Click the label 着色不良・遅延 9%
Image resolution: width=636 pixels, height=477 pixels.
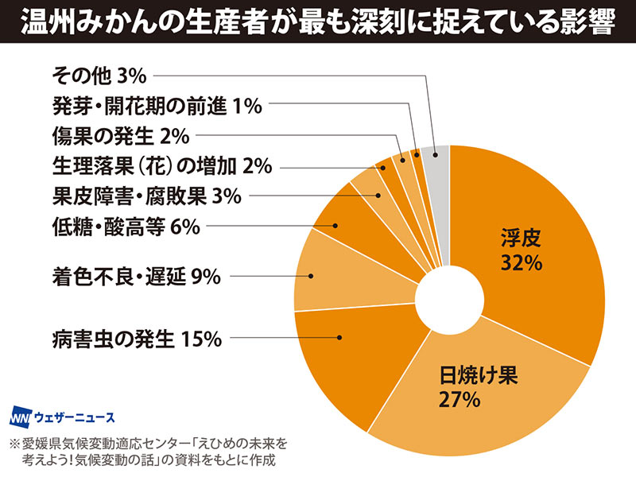[135, 277]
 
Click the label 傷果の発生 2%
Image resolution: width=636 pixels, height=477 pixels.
[120, 137]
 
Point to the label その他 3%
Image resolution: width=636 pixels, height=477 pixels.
[99, 76]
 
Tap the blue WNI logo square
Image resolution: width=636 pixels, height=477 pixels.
[20, 417]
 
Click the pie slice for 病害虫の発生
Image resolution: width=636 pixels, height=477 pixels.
[350, 366]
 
